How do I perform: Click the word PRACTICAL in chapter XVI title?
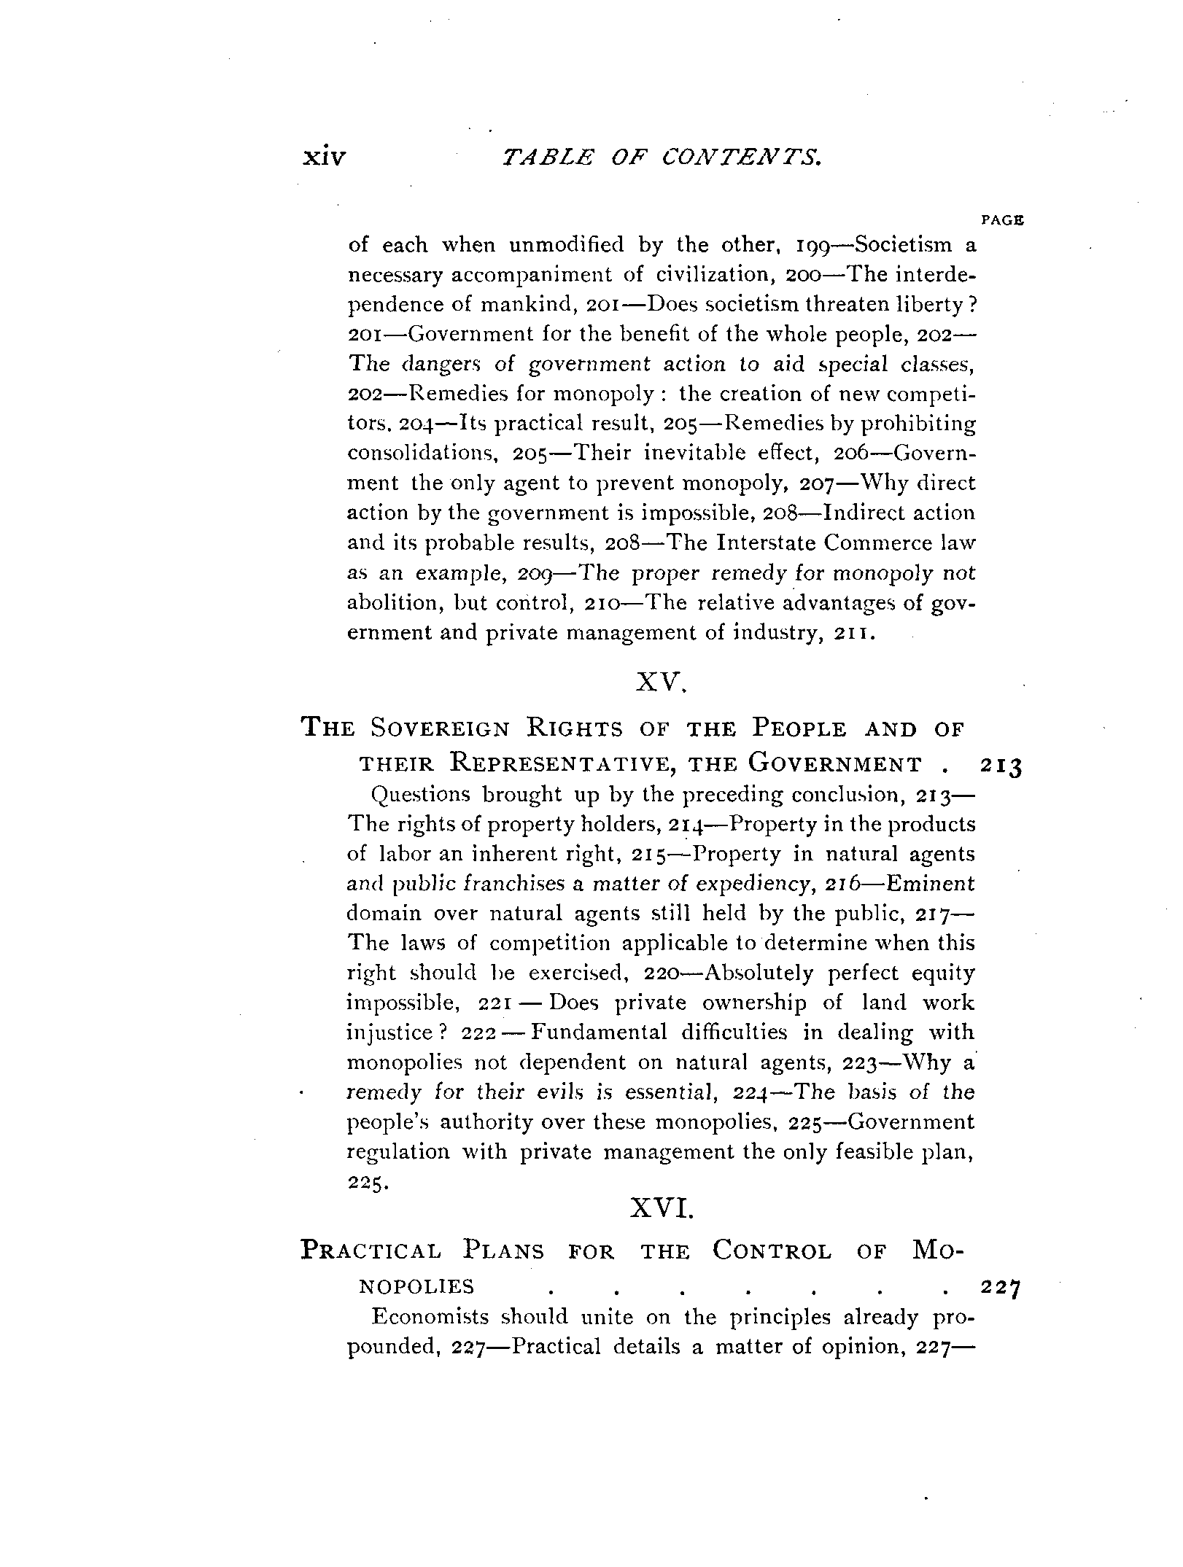click(371, 1251)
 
